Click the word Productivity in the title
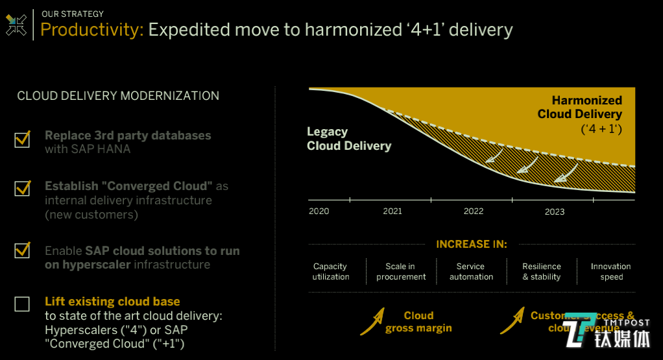pos(91,29)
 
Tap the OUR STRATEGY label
pos(72,14)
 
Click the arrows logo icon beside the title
pos(16,25)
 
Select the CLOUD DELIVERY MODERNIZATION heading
pos(118,96)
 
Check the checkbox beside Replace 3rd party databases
pos(22,139)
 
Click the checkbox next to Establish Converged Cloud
pos(22,188)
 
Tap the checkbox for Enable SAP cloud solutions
pos(22,250)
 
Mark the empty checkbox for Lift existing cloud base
pos(22,304)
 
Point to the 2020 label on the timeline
pos(319,211)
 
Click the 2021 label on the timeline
pos(392,211)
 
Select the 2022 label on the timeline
pos(474,211)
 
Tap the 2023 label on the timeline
pos(555,211)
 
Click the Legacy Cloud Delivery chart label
pos(349,139)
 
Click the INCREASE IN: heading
pos(472,245)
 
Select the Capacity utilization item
pos(330,272)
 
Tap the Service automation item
pos(471,272)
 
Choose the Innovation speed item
pos(611,272)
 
